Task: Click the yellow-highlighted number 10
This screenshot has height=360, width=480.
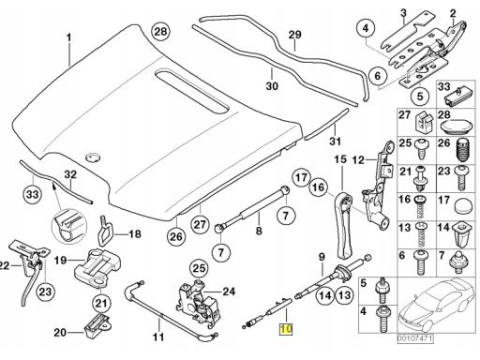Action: pos(286,329)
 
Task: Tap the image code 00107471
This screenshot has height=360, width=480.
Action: pos(415,338)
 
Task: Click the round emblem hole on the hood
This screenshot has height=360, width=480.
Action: pos(93,157)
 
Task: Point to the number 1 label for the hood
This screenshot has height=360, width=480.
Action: pos(68,38)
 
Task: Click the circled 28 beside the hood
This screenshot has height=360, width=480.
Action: pos(160,32)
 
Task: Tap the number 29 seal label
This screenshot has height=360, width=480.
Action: pos(294,35)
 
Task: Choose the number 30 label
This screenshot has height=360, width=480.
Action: pos(272,85)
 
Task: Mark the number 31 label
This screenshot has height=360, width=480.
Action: pos(335,141)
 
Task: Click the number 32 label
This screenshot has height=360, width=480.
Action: pos(70,174)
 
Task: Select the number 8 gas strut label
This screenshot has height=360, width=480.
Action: pos(259,231)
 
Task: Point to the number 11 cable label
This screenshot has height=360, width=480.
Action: pos(158,337)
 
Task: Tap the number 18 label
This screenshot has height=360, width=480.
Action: pos(135,233)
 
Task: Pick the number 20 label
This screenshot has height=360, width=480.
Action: pos(60,332)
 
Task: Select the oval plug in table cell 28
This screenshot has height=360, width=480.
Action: pos(457,127)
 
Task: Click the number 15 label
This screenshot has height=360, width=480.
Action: pos(340,159)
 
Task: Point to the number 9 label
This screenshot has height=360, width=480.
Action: pos(322,257)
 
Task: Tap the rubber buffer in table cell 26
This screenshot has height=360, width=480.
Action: pos(462,150)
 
